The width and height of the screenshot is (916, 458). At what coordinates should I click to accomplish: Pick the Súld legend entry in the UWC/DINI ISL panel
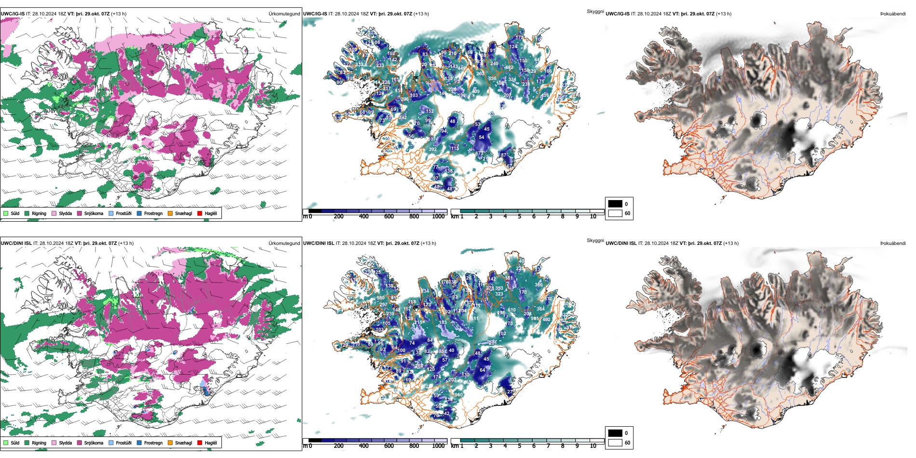[12, 443]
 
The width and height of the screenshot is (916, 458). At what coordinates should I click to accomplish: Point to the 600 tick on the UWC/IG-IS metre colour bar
[389, 216]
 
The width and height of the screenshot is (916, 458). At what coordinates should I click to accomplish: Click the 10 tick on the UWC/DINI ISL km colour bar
[593, 446]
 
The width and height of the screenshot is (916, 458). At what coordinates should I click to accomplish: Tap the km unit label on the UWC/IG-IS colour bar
[455, 216]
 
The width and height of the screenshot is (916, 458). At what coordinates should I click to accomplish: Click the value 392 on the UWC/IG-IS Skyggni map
[432, 149]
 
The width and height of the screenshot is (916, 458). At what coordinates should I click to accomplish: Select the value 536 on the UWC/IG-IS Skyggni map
[492, 79]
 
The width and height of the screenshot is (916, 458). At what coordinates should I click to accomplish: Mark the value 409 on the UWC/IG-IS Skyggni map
[476, 91]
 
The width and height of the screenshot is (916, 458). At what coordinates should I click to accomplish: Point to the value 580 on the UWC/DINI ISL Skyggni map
[380, 298]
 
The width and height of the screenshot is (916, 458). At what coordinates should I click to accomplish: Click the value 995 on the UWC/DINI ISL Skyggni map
[535, 319]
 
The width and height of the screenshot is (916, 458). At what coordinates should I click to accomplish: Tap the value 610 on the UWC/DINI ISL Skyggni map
[512, 310]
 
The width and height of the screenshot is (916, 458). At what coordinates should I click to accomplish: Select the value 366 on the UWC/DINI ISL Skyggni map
[539, 284]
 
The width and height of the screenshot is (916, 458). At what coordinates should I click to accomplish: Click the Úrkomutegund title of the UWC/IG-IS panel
[284, 14]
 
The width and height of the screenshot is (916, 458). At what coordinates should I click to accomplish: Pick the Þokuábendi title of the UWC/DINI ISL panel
[893, 243]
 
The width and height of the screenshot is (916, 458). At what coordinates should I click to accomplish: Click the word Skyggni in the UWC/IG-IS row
[595, 11]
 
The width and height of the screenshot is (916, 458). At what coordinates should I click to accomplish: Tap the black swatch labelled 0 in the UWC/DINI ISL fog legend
[615, 433]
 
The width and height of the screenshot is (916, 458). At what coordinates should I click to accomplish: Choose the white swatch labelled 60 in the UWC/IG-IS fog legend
[615, 213]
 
